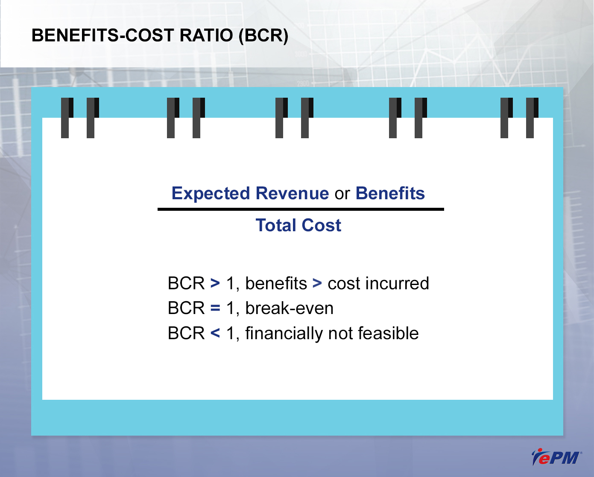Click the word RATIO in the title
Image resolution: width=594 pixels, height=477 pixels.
(206, 35)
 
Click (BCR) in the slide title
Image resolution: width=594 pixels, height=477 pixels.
(263, 36)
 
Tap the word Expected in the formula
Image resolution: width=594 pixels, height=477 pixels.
(211, 194)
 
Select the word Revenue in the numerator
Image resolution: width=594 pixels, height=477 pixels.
(292, 193)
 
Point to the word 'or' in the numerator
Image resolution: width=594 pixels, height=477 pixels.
(342, 194)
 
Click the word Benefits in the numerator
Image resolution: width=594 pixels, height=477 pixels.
(390, 193)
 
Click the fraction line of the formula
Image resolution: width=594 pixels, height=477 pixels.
(301, 209)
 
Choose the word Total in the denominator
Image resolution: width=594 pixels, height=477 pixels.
(276, 225)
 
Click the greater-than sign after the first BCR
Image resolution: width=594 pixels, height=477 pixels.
(215, 283)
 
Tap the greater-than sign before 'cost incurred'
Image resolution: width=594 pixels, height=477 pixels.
(317, 283)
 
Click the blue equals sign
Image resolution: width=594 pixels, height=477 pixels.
(215, 308)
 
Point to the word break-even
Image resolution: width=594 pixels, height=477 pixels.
(289, 308)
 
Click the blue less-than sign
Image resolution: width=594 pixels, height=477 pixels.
(215, 333)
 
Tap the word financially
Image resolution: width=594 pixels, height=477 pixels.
(284, 334)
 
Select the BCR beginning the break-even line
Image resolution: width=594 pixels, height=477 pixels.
(186, 308)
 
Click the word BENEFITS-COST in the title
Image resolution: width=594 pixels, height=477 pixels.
(102, 35)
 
